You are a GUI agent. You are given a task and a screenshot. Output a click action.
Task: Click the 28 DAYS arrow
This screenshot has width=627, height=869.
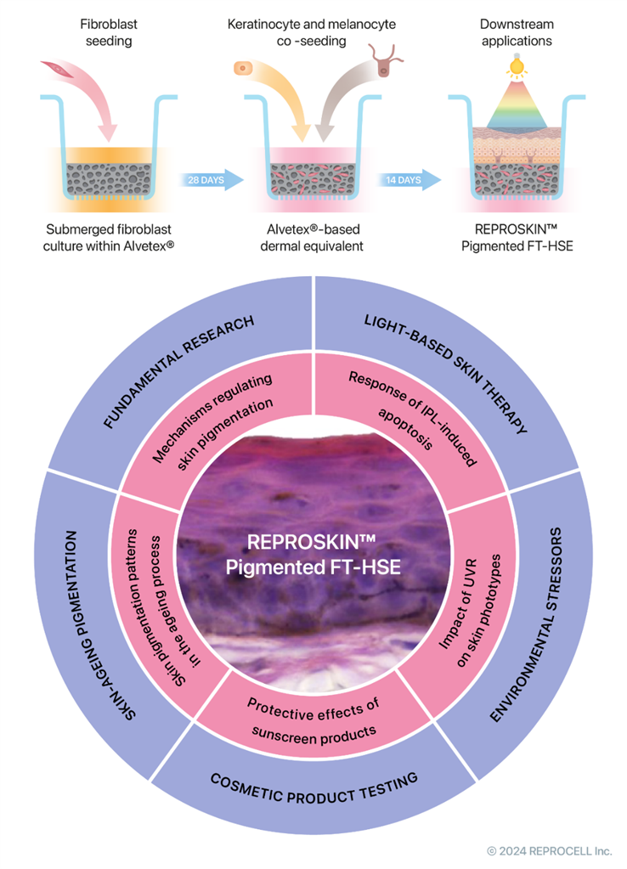pos(212,180)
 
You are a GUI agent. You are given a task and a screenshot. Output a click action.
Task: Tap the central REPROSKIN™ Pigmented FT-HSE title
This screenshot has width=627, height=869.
pos(313,555)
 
